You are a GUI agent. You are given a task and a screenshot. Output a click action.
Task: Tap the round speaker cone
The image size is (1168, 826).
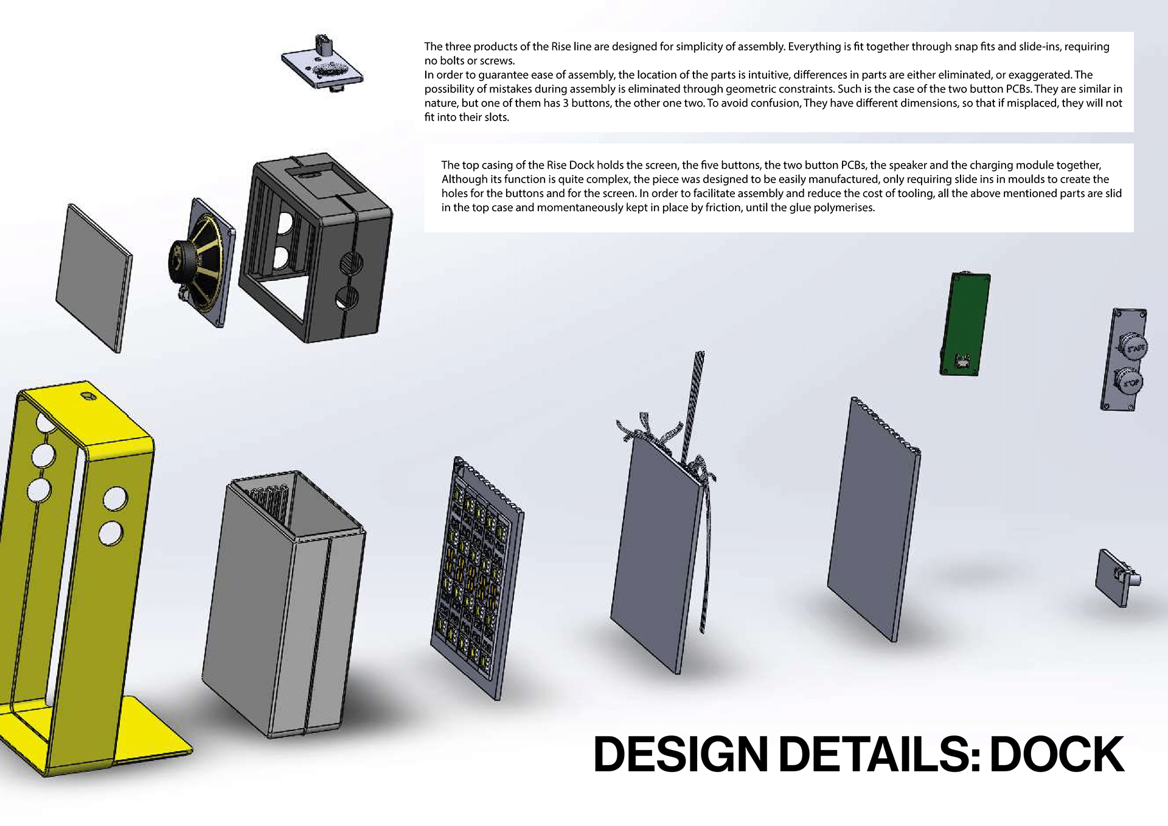[204, 263]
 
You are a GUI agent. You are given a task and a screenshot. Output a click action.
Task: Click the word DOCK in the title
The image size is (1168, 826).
[1057, 755]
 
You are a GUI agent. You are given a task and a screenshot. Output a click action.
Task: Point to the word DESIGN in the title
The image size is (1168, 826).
[681, 755]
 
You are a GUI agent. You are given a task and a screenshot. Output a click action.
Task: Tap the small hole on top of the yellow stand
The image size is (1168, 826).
[89, 397]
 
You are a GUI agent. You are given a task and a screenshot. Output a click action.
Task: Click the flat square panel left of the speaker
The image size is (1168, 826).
[94, 277]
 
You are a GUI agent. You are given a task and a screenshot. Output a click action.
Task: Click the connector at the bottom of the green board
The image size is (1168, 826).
[962, 361]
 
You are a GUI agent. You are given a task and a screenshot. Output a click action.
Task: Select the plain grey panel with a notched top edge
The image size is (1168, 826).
[874, 523]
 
